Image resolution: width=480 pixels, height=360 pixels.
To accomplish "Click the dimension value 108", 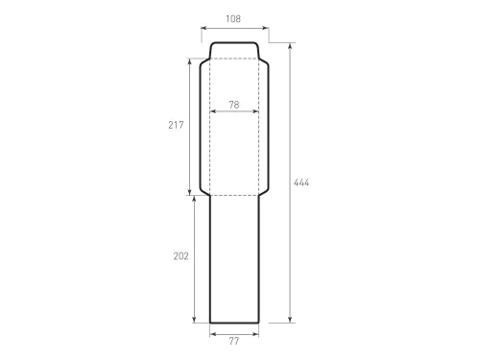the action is click(x=233, y=19).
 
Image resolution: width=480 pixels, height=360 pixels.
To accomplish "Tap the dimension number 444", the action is click(x=301, y=182).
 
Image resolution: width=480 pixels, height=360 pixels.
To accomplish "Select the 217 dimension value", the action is click(x=176, y=125).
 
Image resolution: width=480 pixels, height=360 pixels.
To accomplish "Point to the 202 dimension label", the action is click(x=181, y=256).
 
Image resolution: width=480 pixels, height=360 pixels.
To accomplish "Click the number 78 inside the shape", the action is click(x=234, y=105).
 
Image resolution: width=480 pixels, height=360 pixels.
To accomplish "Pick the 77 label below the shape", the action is click(x=234, y=342).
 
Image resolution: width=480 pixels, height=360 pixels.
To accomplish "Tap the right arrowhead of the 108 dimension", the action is click(x=266, y=28).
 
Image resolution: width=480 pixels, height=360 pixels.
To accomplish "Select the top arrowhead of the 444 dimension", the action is click(x=290, y=46).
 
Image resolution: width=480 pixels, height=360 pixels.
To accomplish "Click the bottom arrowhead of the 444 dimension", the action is click(x=290, y=320).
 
